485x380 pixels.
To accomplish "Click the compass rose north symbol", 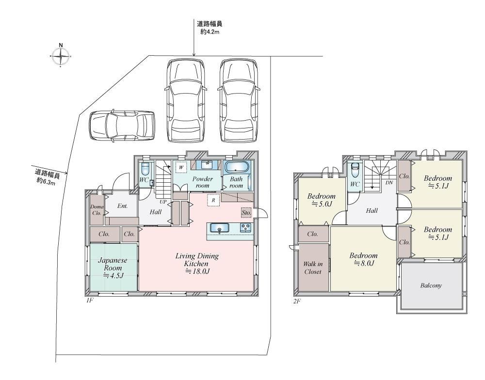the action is tap(61, 55).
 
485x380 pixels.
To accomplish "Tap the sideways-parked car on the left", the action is tap(122, 126).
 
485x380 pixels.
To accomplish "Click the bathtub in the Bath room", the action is tap(236, 168).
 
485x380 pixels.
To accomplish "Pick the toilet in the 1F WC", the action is tap(145, 169).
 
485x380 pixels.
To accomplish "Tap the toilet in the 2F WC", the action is tap(355, 169).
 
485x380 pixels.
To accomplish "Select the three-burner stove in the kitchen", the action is tap(246, 228).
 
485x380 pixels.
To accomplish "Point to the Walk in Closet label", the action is tap(313, 268).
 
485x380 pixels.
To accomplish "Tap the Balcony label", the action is tap(431, 285).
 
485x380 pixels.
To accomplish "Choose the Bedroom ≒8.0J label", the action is tap(363, 259).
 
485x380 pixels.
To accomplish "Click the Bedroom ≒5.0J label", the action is tap(321, 200).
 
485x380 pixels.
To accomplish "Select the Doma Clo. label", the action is tap(97, 210).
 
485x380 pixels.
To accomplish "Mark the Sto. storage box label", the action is tap(246, 212).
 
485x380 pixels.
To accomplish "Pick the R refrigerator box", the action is tap(213, 200).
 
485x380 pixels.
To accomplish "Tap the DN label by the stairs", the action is tap(389, 183).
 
